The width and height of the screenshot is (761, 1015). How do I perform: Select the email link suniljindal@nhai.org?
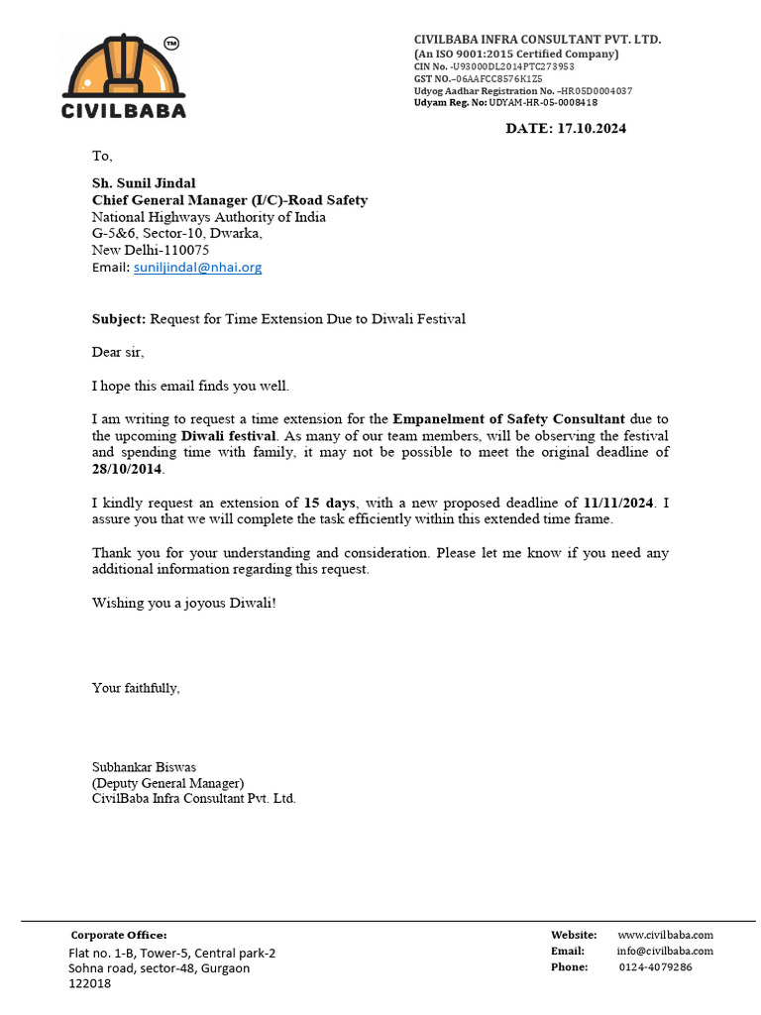click(x=197, y=268)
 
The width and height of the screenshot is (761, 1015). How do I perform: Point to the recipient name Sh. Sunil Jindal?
click(x=144, y=183)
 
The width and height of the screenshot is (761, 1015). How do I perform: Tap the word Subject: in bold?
click(x=119, y=319)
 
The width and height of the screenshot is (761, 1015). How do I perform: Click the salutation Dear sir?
click(x=124, y=352)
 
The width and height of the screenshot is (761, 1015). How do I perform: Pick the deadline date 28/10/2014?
click(x=128, y=470)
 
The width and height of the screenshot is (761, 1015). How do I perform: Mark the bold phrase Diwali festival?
click(x=228, y=436)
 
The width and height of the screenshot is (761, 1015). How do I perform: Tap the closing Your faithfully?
click(x=136, y=687)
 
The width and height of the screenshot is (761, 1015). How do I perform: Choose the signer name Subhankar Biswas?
click(x=144, y=766)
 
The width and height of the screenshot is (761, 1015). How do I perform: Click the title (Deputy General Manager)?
click(x=161, y=782)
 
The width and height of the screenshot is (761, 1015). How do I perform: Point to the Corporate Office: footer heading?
click(x=119, y=935)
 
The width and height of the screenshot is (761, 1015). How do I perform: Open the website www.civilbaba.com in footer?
click(x=665, y=935)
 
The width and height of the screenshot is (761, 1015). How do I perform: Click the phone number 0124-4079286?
click(x=655, y=967)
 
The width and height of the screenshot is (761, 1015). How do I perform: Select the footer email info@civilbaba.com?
click(x=665, y=952)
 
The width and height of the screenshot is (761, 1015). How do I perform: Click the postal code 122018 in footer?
click(x=89, y=984)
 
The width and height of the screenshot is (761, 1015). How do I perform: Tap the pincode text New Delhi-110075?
click(x=151, y=251)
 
